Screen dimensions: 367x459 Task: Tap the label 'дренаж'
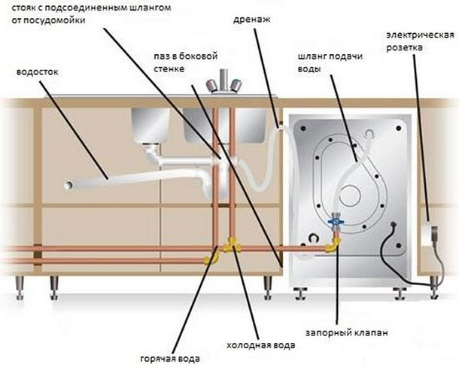tap(250, 20)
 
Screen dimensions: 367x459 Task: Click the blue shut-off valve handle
tap(336, 223)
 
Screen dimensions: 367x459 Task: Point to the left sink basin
tap(150, 123)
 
